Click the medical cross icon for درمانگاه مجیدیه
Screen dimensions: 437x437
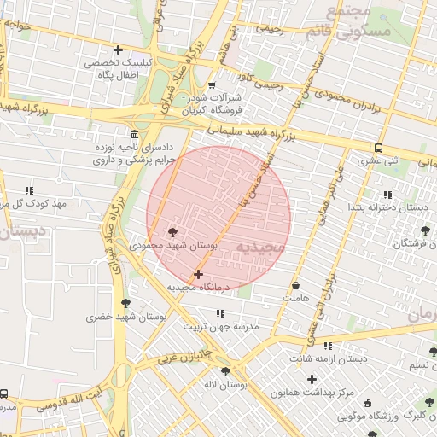point(199,274)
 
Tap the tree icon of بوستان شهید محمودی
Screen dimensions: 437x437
point(174,231)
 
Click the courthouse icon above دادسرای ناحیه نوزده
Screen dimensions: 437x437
point(134,134)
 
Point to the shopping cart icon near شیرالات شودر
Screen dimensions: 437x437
point(212,85)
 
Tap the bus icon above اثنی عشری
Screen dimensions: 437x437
point(377,147)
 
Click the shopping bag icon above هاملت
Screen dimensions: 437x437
point(295,285)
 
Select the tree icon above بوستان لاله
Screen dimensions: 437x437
point(225,370)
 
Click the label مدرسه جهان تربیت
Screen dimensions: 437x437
point(214,327)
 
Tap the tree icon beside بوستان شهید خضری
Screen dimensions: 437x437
point(126,303)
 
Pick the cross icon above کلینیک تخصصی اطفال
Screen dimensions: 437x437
point(118,50)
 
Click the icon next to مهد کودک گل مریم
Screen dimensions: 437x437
point(29,191)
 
